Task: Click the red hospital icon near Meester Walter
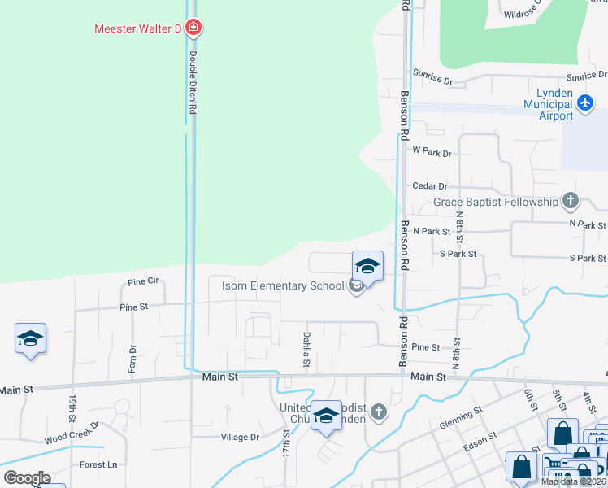(193, 28)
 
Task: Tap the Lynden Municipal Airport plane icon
(585, 104)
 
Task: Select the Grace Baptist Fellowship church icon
(571, 201)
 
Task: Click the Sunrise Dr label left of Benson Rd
(432, 78)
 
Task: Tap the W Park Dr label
(431, 151)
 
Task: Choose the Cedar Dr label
(430, 186)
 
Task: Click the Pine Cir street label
(143, 281)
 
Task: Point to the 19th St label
(72, 404)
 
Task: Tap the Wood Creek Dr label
(72, 432)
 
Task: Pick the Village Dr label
(240, 437)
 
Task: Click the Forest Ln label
(98, 465)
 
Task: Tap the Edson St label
(479, 439)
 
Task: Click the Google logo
(27, 478)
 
